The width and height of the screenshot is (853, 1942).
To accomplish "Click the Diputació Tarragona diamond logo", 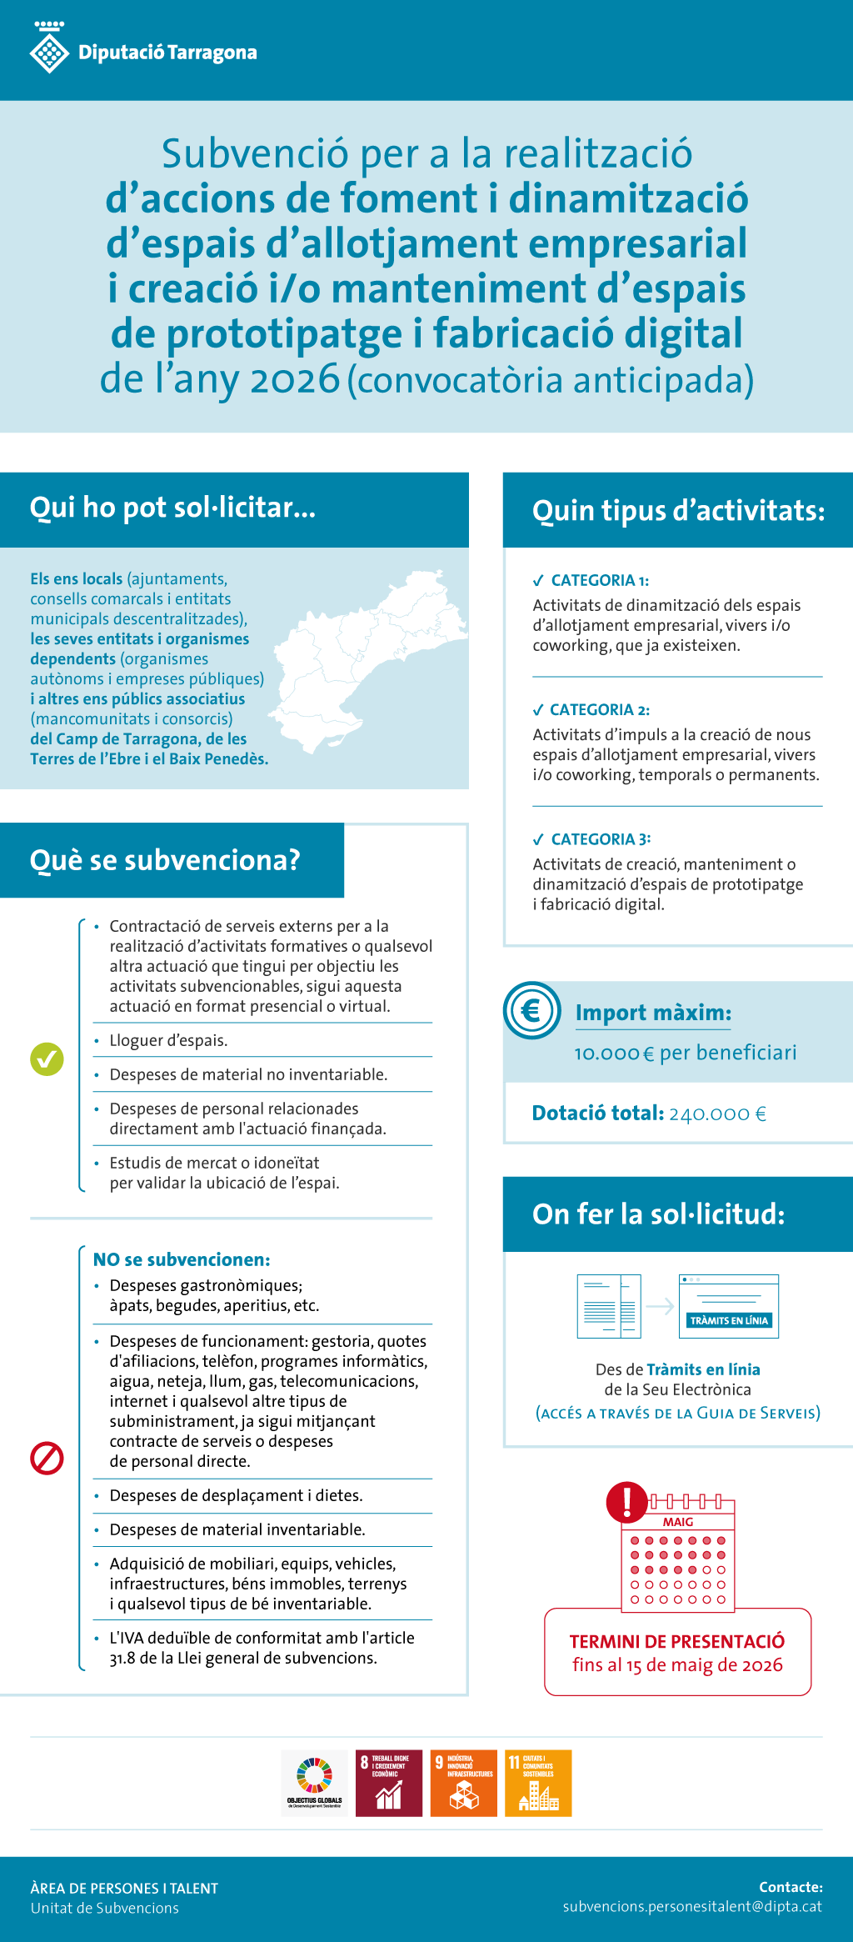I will point(49,51).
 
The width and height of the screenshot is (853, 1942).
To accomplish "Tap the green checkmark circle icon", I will point(47,1059).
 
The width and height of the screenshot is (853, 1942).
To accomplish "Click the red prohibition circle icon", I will point(47,1458).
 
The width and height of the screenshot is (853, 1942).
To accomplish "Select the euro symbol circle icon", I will point(531,1010).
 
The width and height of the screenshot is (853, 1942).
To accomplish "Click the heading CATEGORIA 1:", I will point(600,580).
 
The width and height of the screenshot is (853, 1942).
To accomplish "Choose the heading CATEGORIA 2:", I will point(600,709).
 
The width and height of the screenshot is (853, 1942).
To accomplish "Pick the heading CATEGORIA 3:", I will point(601,838).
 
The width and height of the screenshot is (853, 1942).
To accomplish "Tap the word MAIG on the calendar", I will point(678,1522).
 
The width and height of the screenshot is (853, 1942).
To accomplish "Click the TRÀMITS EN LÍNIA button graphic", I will point(729,1320).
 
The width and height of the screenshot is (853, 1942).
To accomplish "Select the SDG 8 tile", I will point(389,1783).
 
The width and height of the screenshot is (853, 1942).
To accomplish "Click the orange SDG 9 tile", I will point(463,1783).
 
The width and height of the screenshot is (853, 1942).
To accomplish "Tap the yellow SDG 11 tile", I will point(538,1783).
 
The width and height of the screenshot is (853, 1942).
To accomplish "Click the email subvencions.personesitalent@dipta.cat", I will point(692,1906).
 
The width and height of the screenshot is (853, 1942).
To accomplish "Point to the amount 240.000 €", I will point(717,1114).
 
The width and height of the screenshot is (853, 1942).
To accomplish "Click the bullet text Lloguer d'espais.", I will point(168,1040).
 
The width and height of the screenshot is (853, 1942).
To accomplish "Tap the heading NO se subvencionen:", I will point(182,1259).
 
